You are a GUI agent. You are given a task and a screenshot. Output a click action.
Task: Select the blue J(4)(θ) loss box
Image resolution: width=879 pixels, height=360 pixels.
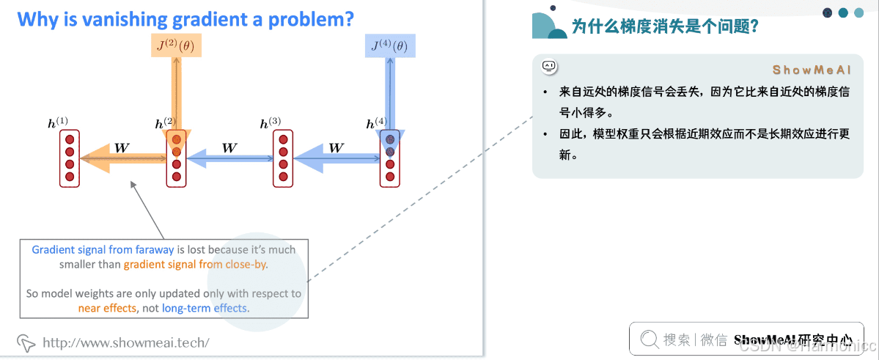(389, 46)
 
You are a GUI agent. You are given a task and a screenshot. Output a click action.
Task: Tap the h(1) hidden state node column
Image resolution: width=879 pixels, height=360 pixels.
(70, 158)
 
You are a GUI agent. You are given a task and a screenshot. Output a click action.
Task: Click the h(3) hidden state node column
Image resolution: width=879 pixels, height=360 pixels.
(284, 158)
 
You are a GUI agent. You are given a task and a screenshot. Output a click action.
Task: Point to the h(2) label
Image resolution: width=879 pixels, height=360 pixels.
(165, 123)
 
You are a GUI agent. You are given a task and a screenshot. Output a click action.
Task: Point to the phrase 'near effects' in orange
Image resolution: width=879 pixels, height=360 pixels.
(107, 308)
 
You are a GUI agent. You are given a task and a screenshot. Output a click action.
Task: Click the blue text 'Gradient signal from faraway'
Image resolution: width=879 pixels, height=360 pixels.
(103, 250)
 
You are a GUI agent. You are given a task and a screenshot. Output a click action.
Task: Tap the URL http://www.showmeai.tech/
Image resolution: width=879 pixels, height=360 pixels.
(126, 342)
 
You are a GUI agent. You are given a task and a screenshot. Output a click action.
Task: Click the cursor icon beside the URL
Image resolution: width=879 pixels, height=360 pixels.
(26, 342)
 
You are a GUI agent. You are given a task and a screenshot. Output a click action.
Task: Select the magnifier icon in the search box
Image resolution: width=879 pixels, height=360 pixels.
(649, 339)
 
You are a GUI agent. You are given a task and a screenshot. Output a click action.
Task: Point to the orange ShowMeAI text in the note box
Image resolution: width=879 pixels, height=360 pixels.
(811, 70)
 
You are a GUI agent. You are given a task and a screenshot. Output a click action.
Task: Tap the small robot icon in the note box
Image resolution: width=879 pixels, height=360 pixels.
(549, 67)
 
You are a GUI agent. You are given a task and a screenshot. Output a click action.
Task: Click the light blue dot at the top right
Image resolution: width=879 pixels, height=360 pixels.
(858, 12)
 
